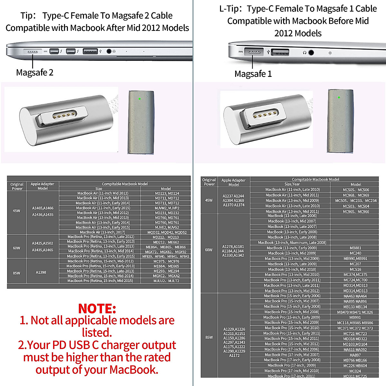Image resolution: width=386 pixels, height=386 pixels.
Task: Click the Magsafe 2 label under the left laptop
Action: pos(34,72)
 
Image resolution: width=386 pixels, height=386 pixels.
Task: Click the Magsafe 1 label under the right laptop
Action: pos(253,74)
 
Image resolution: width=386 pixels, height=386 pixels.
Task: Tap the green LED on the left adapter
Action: pos(139,99)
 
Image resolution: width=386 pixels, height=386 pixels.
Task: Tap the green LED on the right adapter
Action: pos(339,97)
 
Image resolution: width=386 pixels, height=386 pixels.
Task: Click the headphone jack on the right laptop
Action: pos(311,52)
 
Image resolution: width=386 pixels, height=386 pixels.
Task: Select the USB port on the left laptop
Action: pos(90,51)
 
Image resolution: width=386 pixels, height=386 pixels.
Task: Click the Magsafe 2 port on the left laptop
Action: pos(32,51)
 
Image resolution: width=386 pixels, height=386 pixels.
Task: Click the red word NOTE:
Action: pos(97,308)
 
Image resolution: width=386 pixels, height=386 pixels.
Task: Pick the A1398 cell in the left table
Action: pos(41,272)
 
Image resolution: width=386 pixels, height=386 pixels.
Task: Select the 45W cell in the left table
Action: pos(16,211)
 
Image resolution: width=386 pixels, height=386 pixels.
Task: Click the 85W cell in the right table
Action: pos(209,337)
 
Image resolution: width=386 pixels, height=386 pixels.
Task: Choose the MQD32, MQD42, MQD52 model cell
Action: pos(167,232)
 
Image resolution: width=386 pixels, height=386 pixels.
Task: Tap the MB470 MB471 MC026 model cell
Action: pos(355,312)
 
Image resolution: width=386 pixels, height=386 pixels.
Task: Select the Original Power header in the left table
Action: pos(17,186)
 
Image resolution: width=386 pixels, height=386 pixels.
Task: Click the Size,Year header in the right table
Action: pos(292,184)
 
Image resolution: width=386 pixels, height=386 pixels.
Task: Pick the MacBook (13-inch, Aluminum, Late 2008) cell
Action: pos(292,243)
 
